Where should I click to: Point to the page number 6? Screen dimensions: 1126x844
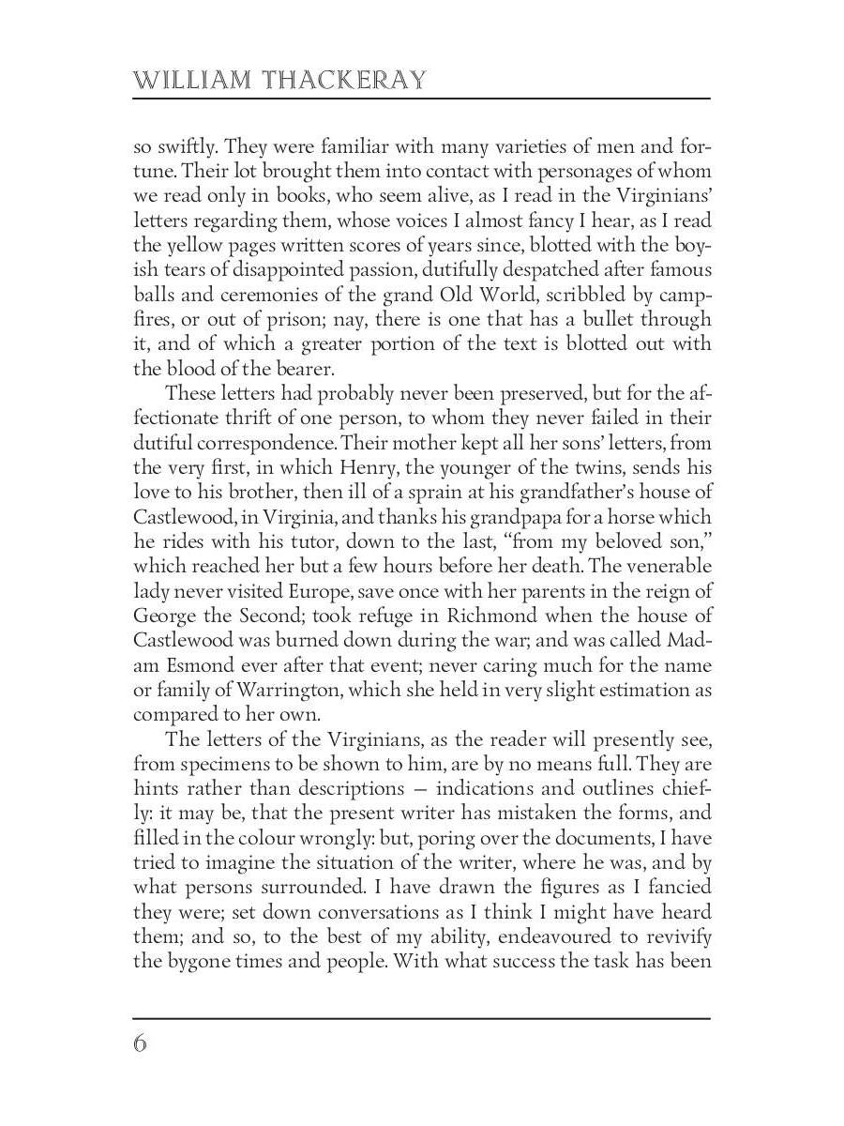pos(141,1042)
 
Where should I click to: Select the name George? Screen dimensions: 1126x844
pos(169,616)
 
